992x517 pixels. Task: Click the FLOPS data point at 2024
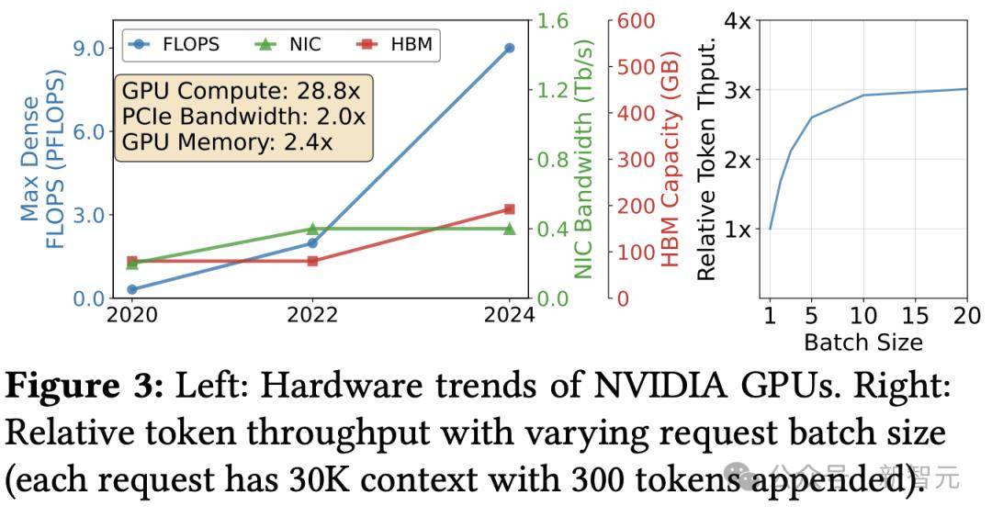[x=509, y=48]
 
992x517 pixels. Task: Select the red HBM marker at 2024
[x=509, y=209]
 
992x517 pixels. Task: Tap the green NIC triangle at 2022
[x=312, y=229]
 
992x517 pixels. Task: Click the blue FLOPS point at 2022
[x=312, y=243]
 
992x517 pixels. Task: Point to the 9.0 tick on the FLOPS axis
[x=87, y=48]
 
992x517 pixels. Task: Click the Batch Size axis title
[x=862, y=343]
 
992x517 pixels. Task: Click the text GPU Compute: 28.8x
[x=242, y=92]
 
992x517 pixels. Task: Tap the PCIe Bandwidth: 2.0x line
[x=243, y=117]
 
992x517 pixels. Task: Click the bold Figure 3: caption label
[x=85, y=387]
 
